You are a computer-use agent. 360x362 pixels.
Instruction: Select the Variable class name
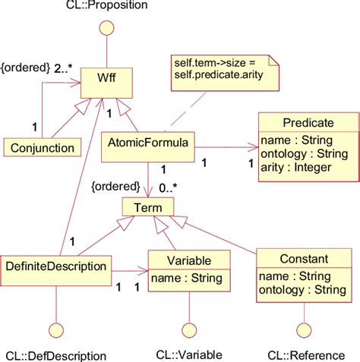click(x=187, y=260)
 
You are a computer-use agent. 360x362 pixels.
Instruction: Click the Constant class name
click(x=303, y=259)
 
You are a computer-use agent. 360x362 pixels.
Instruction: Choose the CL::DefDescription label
click(x=56, y=354)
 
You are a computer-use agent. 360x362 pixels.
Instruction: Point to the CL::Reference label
click(x=304, y=354)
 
